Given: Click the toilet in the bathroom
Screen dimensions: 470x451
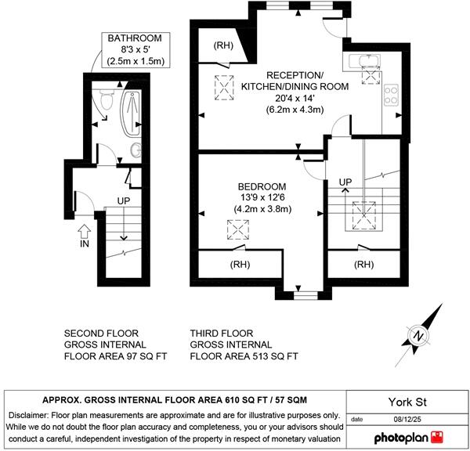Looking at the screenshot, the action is tap(107, 99).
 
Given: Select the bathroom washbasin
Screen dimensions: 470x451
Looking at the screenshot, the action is tap(136, 150).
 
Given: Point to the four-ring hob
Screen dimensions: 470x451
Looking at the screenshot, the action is tap(392, 95).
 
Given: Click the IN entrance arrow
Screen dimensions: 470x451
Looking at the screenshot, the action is tap(85, 231).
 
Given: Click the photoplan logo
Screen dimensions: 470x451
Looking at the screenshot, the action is tap(409, 438).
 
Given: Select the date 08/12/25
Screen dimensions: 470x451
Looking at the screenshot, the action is tap(407, 419).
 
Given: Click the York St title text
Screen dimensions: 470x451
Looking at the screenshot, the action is tap(407, 402).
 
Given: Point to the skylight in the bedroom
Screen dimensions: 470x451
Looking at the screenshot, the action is tap(237, 230).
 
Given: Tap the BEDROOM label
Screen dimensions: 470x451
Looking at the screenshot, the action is tap(262, 186).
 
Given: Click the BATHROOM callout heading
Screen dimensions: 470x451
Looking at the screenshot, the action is tap(135, 38).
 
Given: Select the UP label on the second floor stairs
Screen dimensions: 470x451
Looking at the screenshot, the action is tap(124, 200).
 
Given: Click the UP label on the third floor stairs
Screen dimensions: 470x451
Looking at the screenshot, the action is tap(345, 182).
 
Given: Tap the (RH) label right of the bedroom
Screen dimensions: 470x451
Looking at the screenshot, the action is tap(363, 265).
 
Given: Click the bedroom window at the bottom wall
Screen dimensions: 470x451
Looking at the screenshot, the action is tap(305, 295).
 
